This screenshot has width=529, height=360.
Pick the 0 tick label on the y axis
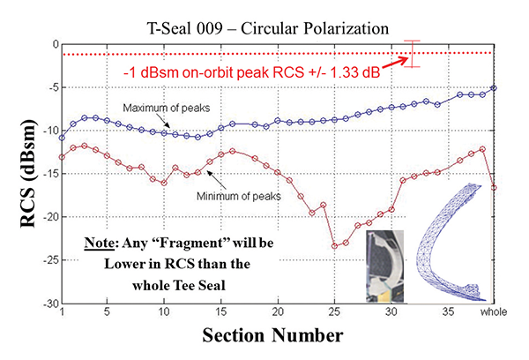(x=52, y=43)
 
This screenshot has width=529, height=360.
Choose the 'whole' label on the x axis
(x=494, y=313)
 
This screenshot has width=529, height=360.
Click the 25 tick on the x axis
(x=334, y=313)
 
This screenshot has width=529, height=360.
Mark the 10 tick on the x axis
(x=163, y=313)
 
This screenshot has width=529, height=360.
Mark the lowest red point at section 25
(x=334, y=246)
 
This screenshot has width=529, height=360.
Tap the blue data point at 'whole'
(x=495, y=87)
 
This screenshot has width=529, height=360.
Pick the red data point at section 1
(x=61, y=157)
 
